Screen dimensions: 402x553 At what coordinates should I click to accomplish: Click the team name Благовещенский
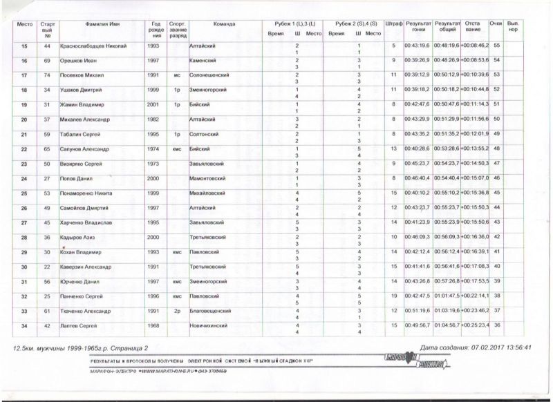point(211,311)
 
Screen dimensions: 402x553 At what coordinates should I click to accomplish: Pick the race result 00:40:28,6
point(418,149)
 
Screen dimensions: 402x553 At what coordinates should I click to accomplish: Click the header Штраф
point(393,23)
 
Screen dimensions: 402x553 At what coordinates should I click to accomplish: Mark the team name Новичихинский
point(210,325)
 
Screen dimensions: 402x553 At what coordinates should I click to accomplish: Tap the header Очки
point(496,23)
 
